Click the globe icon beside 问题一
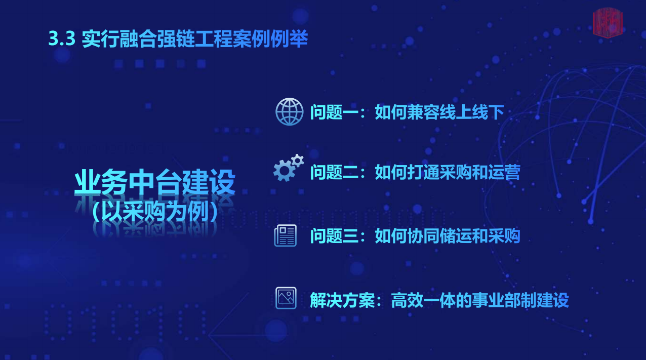click(x=289, y=111)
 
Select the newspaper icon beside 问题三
click(x=285, y=235)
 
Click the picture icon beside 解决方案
click(x=286, y=298)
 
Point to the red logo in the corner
click(x=608, y=23)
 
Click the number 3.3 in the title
click(x=62, y=38)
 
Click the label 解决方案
click(x=342, y=300)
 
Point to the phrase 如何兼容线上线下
click(x=439, y=112)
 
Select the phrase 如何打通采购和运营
click(x=448, y=172)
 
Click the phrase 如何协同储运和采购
click(x=448, y=236)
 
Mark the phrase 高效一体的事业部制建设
click(x=480, y=300)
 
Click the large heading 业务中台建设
click(x=155, y=182)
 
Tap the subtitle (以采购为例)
click(x=155, y=212)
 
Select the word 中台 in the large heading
click(x=155, y=182)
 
